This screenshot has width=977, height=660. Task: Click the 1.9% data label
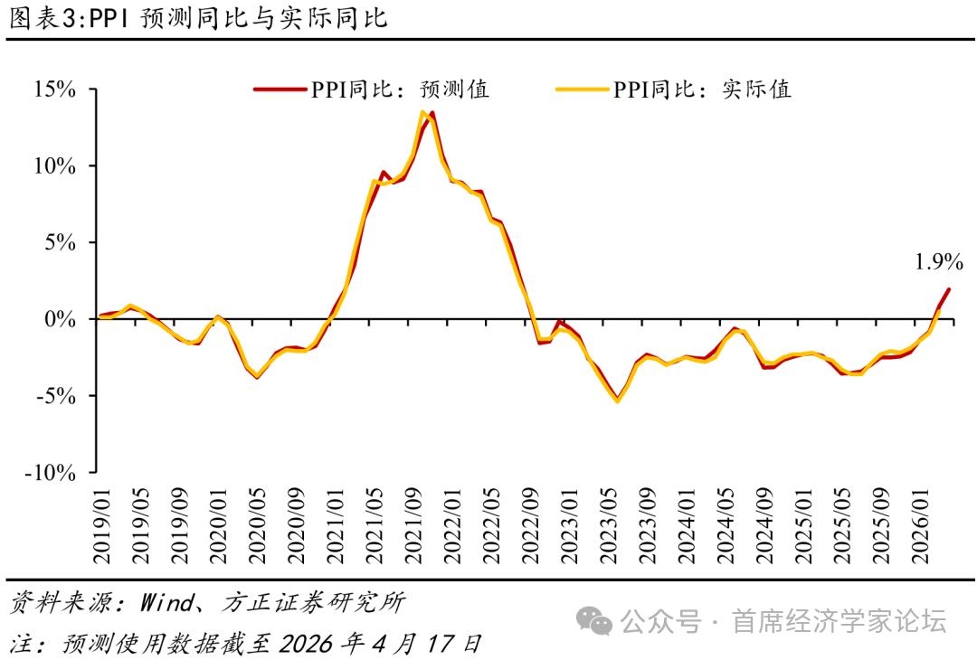[x=939, y=262]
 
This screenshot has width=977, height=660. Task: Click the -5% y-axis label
[x=55, y=395]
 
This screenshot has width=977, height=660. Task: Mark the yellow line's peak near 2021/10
[x=422, y=112]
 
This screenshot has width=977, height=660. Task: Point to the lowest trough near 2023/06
[x=618, y=400]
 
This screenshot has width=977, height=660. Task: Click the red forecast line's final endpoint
[x=949, y=289]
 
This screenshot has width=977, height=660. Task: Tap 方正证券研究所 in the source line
[x=312, y=603]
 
